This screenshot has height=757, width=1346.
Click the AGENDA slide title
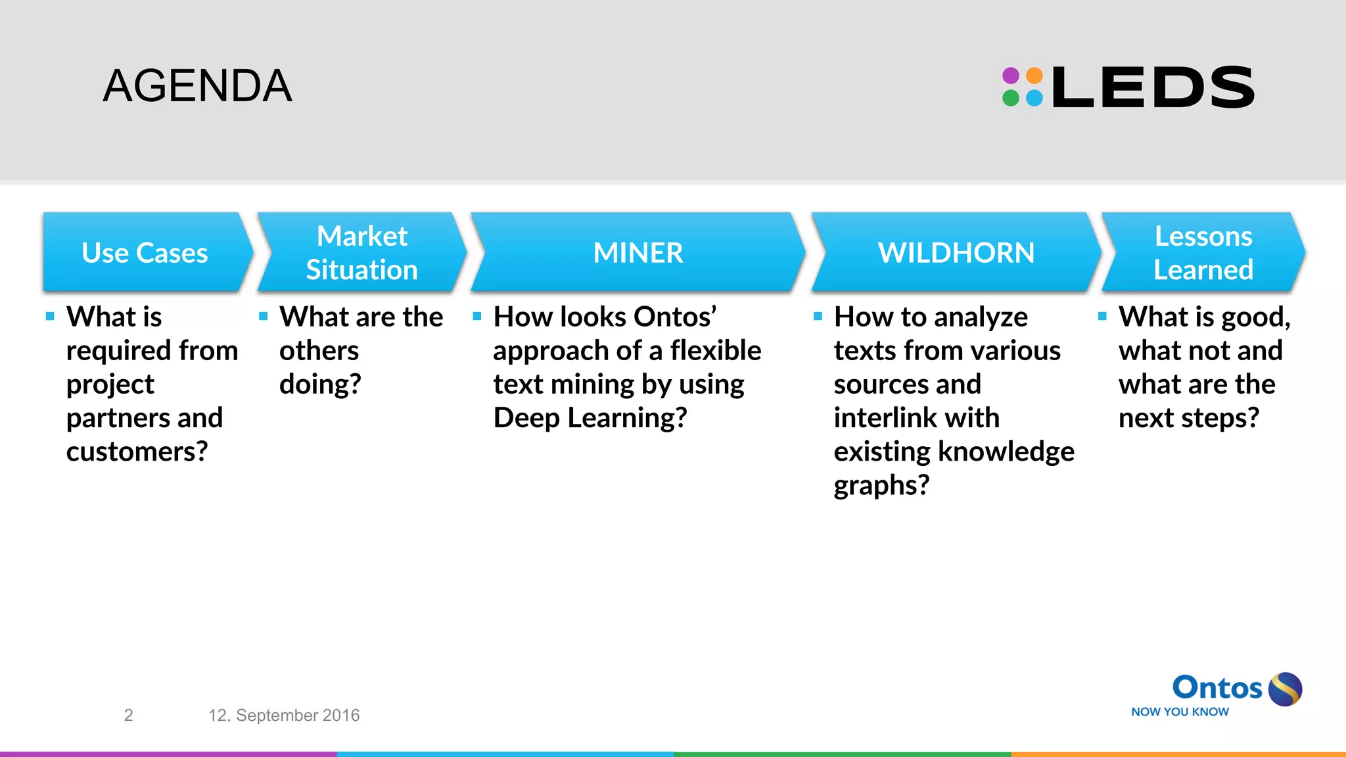[197, 86]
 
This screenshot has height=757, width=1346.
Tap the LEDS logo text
[1153, 87]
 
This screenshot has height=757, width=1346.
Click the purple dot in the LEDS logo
[1011, 76]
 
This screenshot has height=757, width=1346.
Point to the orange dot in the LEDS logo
[1034, 76]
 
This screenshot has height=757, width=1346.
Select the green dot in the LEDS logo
[1011, 99]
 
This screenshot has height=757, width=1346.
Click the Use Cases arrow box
[145, 252]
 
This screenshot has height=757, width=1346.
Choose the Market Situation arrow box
[362, 252]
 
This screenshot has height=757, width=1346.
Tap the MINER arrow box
[638, 252]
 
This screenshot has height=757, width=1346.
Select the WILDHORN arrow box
[956, 252]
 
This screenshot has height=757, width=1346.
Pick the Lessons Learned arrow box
[1203, 252]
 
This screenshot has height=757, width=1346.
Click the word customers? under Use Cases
[137, 451]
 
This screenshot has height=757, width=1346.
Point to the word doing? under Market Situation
[320, 384]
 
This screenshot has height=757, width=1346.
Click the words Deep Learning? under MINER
[590, 418]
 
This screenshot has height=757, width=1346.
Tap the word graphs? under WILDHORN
[881, 486]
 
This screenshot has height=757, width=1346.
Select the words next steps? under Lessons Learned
[1189, 418]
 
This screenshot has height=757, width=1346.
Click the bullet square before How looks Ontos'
[477, 317]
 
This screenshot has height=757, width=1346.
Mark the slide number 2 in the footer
[129, 715]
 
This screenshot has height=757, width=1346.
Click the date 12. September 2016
[284, 715]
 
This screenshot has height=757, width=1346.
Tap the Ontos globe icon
[1285, 689]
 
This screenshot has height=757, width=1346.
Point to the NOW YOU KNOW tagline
[1180, 712]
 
